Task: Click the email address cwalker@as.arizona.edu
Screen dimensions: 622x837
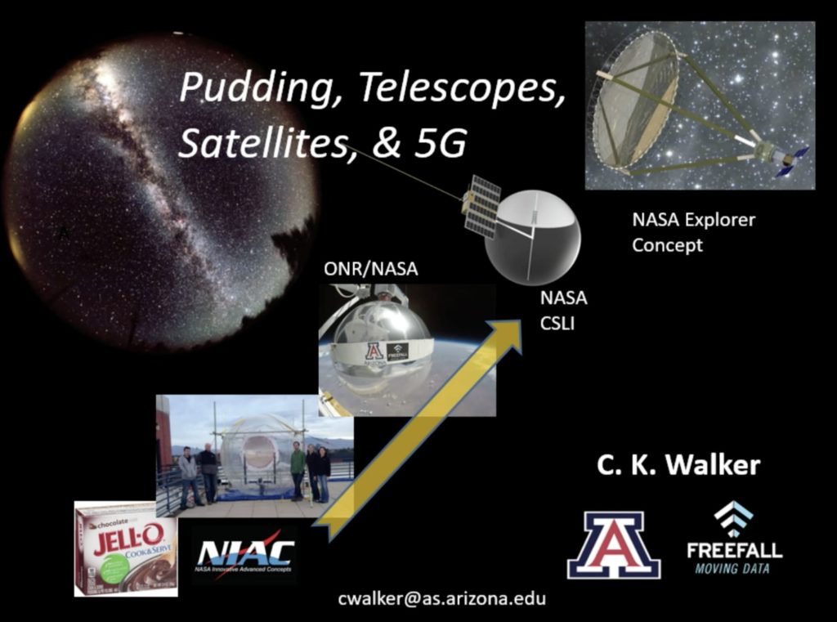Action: click(x=441, y=598)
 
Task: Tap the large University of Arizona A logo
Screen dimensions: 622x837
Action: click(x=613, y=545)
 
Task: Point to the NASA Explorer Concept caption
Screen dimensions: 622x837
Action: click(x=693, y=232)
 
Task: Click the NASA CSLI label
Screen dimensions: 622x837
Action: click(x=562, y=311)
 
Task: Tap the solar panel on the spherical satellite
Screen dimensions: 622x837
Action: click(x=481, y=205)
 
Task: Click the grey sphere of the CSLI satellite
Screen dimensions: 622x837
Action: click(x=533, y=237)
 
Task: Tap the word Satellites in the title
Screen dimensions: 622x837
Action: click(x=258, y=144)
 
